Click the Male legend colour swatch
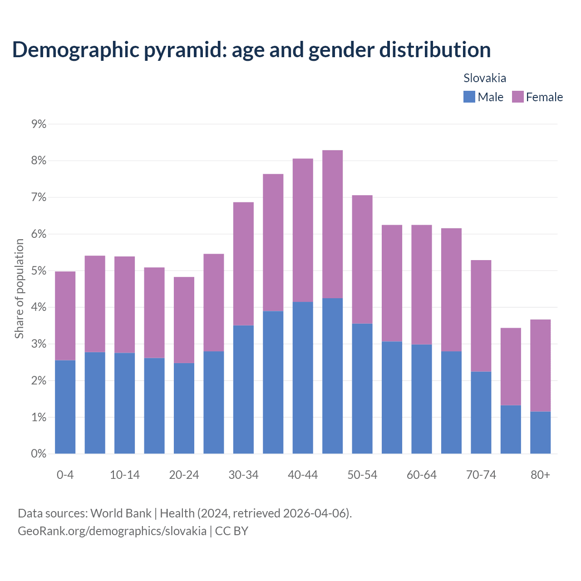point(469,97)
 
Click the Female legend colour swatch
point(517,97)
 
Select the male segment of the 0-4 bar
point(65,407)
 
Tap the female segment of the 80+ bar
point(540,365)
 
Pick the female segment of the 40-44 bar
point(303,230)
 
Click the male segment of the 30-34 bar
point(243,389)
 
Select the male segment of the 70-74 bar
point(481,413)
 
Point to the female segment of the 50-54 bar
point(362,259)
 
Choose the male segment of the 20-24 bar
point(184,408)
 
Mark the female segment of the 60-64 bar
point(422,285)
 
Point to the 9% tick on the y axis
point(39,124)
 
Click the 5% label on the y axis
point(39,271)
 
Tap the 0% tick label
point(39,454)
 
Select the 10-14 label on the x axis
point(125,475)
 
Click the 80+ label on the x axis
point(540,475)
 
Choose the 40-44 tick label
point(303,475)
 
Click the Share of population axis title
point(19,289)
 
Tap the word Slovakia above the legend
point(485,78)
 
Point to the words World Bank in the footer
point(121,513)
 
